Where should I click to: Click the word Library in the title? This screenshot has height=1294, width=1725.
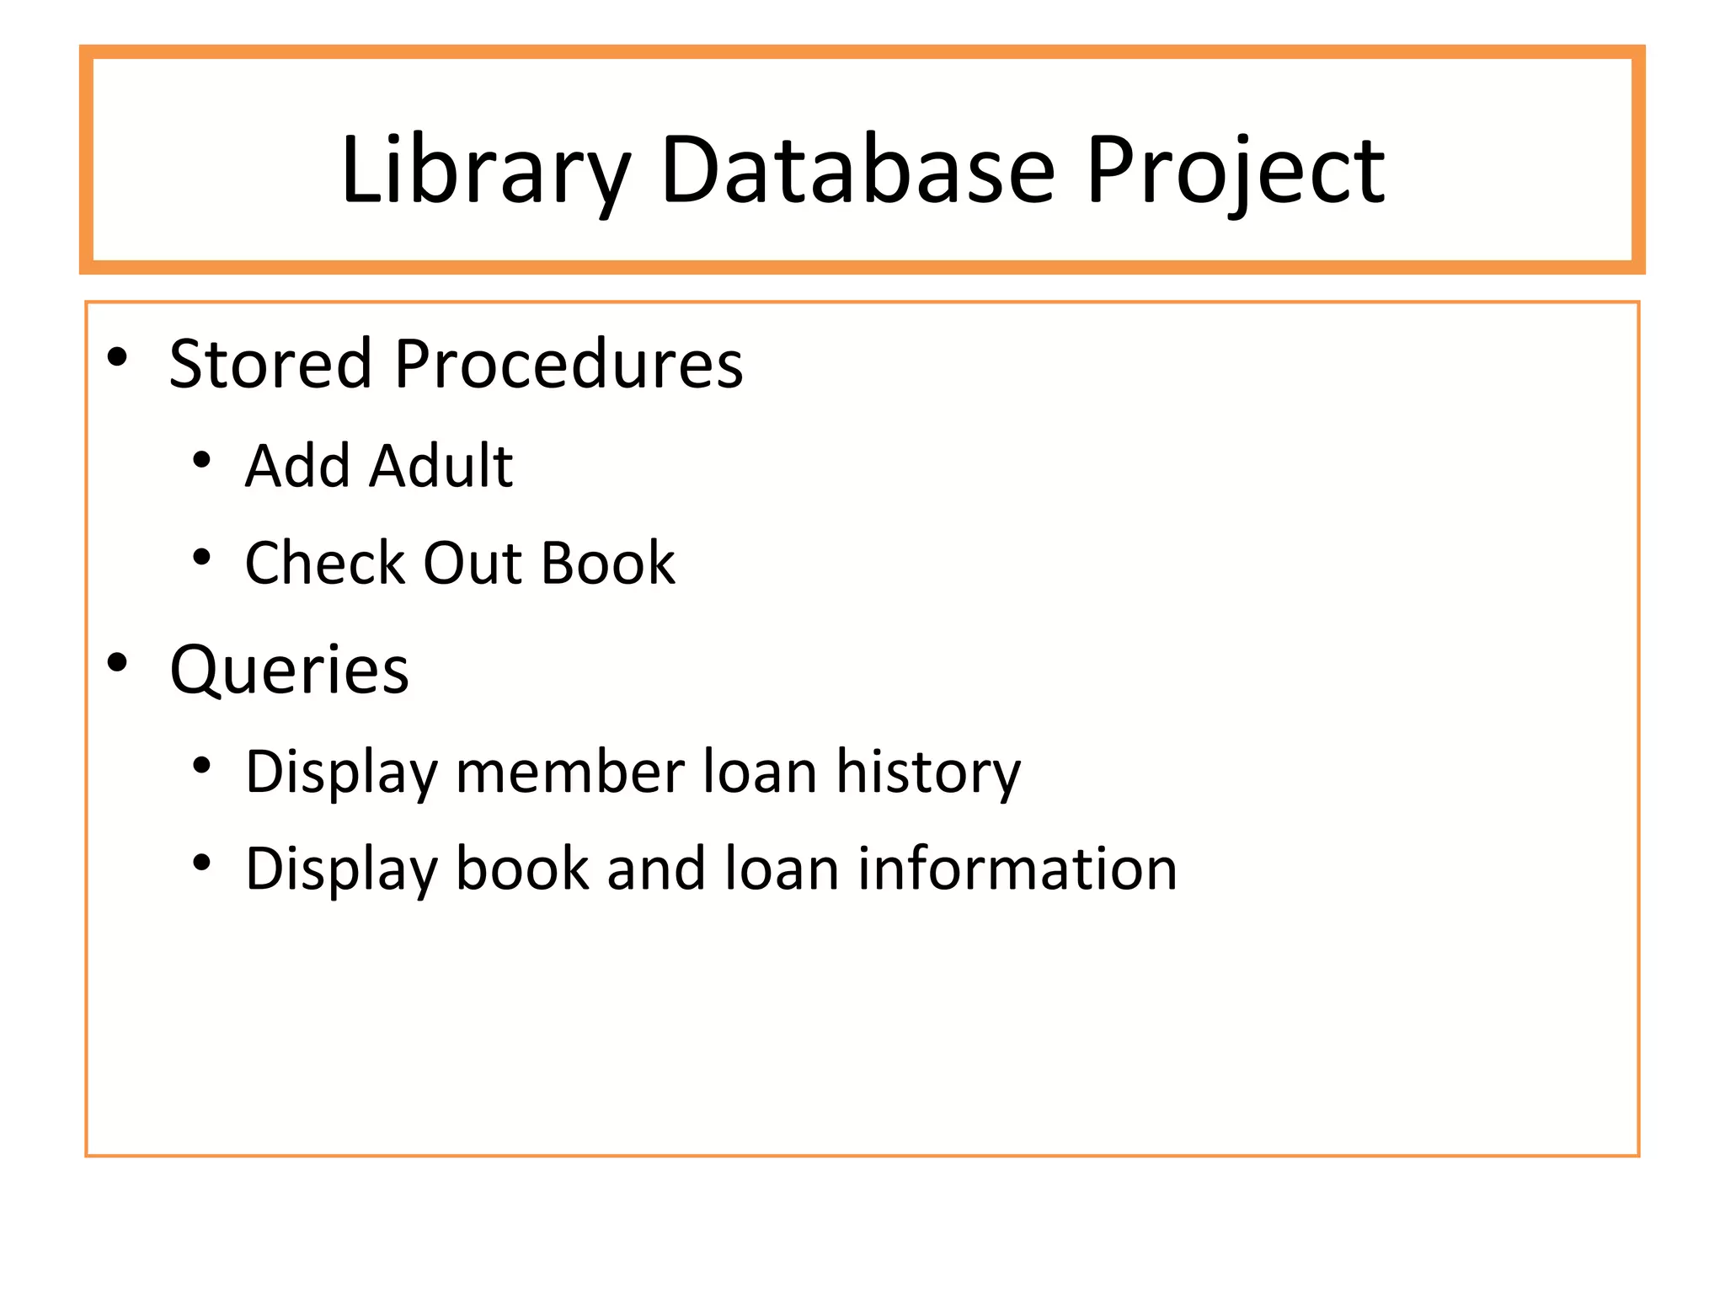484,171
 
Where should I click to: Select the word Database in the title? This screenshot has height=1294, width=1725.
857,171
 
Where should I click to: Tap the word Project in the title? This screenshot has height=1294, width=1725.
1235,171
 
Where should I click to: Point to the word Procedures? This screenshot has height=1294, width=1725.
569,364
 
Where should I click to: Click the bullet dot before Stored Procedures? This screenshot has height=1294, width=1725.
117,357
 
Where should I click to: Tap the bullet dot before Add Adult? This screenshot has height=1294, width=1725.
201,460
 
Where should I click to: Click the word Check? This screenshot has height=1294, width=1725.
324,563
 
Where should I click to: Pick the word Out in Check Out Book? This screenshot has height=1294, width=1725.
472,563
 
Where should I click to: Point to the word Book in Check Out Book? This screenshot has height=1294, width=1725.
607,563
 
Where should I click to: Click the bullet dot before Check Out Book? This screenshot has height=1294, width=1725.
201,557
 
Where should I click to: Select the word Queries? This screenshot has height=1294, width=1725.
289,671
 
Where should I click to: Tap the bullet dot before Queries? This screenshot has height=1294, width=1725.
117,663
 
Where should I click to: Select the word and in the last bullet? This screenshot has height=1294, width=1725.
656,869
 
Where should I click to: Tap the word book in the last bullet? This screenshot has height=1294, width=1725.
522,869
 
